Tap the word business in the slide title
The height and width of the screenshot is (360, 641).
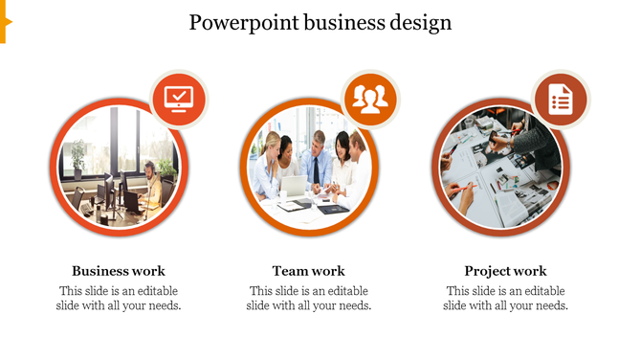343,22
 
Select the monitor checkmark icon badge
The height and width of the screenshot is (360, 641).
179,99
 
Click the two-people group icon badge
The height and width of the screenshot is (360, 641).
369,99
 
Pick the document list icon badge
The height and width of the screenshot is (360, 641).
560,99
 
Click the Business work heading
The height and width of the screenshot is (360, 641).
119,271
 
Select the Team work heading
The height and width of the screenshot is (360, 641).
308,271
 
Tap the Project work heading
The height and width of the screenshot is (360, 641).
505,271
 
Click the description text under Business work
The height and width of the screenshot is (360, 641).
119,299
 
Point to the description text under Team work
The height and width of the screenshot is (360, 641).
308,299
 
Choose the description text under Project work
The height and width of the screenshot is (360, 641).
505,299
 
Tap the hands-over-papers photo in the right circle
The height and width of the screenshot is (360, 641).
497,168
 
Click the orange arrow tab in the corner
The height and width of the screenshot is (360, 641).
5,21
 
